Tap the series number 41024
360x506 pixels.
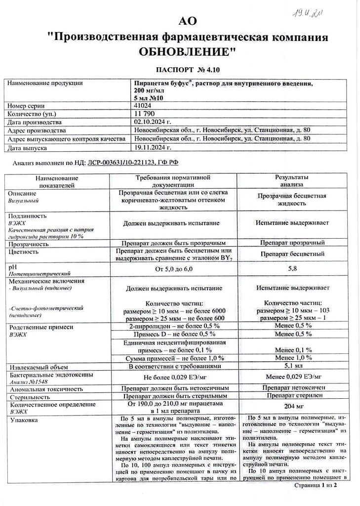[x=142, y=106]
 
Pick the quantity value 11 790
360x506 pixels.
[x=144, y=114]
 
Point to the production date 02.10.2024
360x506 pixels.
[x=152, y=122]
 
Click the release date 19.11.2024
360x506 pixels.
[x=152, y=147]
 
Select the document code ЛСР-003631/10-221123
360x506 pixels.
[x=119, y=162]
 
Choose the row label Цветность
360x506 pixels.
[x=23, y=252]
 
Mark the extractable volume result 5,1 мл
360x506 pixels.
[x=292, y=367]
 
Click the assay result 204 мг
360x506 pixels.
[x=292, y=407]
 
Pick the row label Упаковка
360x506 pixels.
[x=23, y=420]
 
